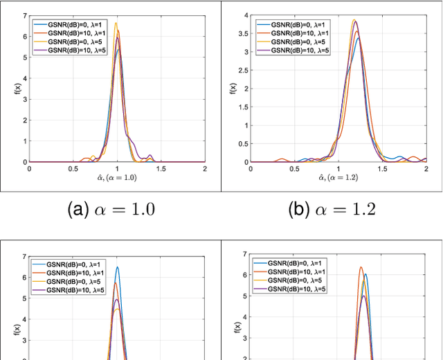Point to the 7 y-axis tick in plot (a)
pyautogui.click(x=24, y=15)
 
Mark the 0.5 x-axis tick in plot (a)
pyautogui.click(x=73, y=168)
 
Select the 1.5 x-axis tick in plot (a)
pyautogui.click(x=161, y=168)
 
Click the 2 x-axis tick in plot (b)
pyautogui.click(x=426, y=168)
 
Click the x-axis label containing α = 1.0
pyautogui.click(x=117, y=178)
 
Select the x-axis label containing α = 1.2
pyautogui.click(x=338, y=178)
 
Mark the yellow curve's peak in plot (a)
pyautogui.click(x=116, y=24)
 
